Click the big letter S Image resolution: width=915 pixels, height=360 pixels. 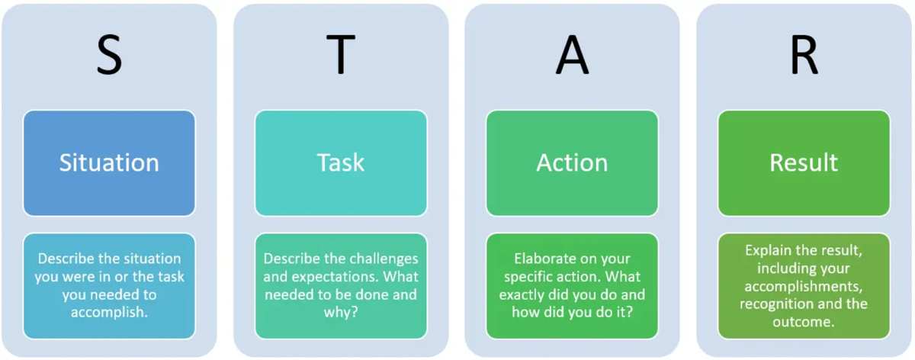click(x=110, y=54)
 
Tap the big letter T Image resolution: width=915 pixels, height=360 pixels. click(x=341, y=54)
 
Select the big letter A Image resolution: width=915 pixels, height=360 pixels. click(x=573, y=54)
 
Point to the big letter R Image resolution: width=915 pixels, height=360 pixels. click(x=804, y=54)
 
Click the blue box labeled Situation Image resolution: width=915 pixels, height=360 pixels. click(x=109, y=163)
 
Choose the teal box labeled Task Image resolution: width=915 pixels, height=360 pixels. click(x=341, y=163)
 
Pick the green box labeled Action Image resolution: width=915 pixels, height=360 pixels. click(x=572, y=163)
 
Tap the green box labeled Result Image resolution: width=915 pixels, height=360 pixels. click(x=804, y=163)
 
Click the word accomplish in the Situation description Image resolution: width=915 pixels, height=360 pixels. click(x=107, y=313)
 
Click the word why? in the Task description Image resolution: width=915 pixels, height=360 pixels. click(x=341, y=313)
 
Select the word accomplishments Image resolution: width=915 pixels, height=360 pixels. click(x=803, y=286)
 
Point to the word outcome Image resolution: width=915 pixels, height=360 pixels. click(x=801, y=322)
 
